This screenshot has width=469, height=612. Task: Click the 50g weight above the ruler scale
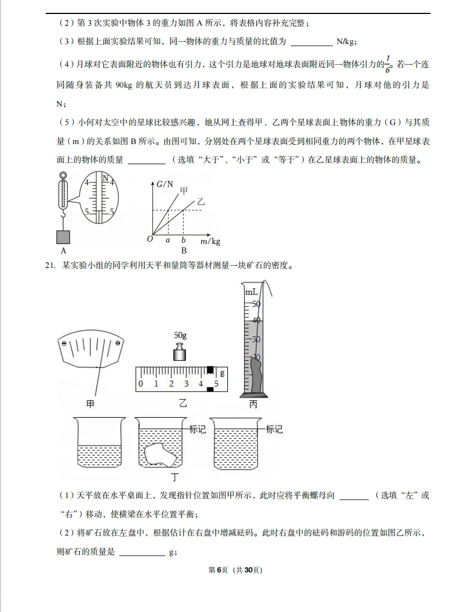point(180,353)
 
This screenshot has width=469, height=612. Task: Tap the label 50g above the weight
point(180,335)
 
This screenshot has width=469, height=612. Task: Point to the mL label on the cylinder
point(251,292)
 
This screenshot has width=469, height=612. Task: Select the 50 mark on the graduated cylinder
point(256,304)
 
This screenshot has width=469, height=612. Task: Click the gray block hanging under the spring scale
point(64,237)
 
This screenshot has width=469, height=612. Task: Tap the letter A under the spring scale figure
point(64,251)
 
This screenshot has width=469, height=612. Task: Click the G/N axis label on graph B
point(165,184)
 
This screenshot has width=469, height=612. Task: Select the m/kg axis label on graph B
point(210,241)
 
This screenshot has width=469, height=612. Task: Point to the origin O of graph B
point(150,239)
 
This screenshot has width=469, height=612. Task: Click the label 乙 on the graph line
point(200,202)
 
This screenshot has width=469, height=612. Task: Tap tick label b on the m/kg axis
point(183,240)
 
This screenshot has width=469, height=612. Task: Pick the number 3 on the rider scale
point(186,384)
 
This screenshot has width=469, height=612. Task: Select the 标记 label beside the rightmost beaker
point(274,429)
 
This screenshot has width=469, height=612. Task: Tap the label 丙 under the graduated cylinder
point(253,404)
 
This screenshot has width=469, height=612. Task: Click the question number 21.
point(49,266)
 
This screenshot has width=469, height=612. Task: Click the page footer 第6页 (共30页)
point(234,570)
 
